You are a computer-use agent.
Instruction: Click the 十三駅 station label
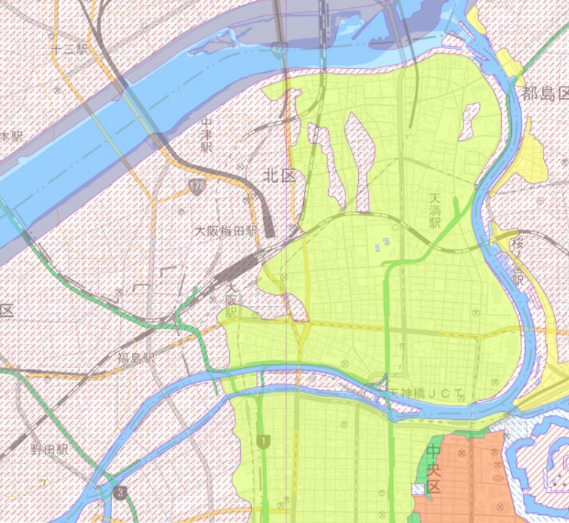(x=70, y=49)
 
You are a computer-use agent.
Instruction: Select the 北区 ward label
(x=279, y=176)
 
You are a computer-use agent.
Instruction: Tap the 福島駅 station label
(x=137, y=358)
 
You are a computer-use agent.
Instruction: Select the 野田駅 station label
(x=49, y=448)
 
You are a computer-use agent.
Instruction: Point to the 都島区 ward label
(x=545, y=94)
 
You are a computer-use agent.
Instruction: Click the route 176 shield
(x=197, y=187)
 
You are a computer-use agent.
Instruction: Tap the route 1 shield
(x=262, y=441)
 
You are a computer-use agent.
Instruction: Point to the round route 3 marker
(x=120, y=492)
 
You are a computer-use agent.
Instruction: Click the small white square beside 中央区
(x=418, y=488)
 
